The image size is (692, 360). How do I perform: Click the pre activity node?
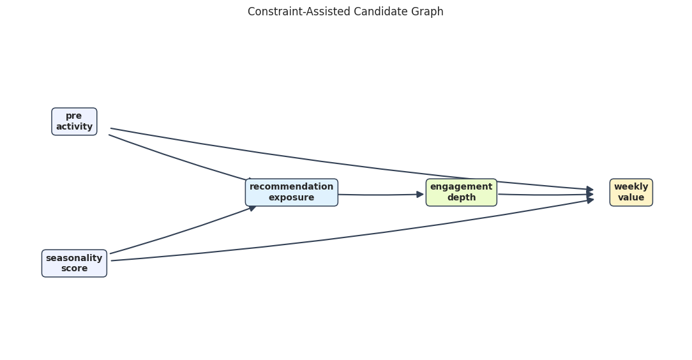[x=74, y=121]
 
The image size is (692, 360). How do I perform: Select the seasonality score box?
[x=74, y=264]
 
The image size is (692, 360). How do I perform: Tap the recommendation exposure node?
[x=292, y=192]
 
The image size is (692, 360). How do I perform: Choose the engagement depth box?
[x=461, y=192]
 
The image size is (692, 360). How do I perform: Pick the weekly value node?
[x=631, y=192]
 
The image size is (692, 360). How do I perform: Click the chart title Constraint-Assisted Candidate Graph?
[x=345, y=11]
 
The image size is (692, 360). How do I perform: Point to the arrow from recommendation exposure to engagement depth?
[x=381, y=195]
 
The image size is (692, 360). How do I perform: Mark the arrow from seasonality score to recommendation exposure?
[x=183, y=230]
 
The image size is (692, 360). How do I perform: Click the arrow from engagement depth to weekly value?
[x=546, y=195]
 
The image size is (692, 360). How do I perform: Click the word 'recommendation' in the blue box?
[x=292, y=186]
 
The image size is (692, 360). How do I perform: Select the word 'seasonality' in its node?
[x=74, y=258]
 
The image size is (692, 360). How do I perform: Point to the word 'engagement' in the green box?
[x=461, y=186]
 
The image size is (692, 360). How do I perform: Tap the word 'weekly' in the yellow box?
[x=631, y=186]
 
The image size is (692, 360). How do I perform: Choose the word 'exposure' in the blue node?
[x=292, y=198]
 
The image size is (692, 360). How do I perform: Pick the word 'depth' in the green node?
[x=461, y=198]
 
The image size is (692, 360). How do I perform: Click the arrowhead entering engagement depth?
[x=420, y=195]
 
